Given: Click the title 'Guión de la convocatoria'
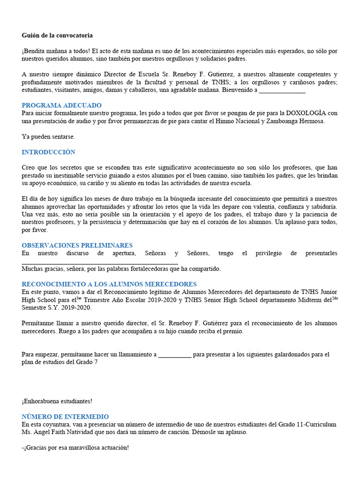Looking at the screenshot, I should (57, 35).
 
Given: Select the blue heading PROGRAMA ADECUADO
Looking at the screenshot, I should (61, 105).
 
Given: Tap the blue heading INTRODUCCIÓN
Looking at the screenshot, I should (48, 152).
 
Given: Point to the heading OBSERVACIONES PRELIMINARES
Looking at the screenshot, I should (77, 245).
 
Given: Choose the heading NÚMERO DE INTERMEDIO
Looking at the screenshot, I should (65, 417).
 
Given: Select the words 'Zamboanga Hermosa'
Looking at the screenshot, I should (295, 121).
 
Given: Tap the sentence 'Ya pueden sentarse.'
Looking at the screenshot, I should (48, 137).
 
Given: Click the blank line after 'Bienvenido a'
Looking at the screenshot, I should (282, 90).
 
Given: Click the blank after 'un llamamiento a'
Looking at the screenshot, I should (175, 354).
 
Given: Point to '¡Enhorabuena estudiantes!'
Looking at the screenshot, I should (57, 401).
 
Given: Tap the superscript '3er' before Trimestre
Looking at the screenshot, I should (79, 298).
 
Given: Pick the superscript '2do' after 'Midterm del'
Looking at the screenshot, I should (335, 298).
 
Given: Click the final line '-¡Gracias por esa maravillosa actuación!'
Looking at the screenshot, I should (75, 448).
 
